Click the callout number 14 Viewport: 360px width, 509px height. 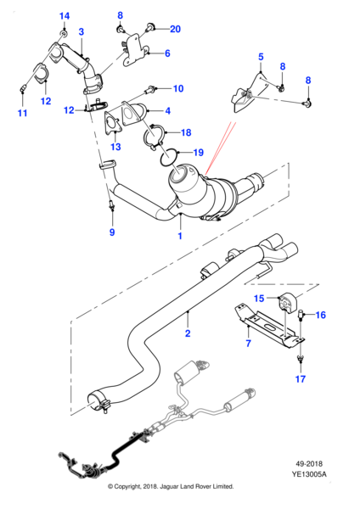(65, 15)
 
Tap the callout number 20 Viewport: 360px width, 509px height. (175, 29)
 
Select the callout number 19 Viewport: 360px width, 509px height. (198, 152)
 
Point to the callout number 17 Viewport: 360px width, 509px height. (301, 378)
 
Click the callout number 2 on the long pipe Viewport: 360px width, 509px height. (188, 333)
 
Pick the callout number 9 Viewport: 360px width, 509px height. (112, 232)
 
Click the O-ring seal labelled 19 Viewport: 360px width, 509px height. (169, 156)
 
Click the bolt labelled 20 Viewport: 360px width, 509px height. (150, 28)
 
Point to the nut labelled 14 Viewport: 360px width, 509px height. (64, 34)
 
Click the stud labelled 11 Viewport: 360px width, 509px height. (24, 88)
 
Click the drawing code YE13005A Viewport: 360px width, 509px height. (309, 474)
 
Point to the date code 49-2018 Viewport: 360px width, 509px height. (309, 463)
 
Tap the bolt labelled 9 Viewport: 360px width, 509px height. (112, 204)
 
